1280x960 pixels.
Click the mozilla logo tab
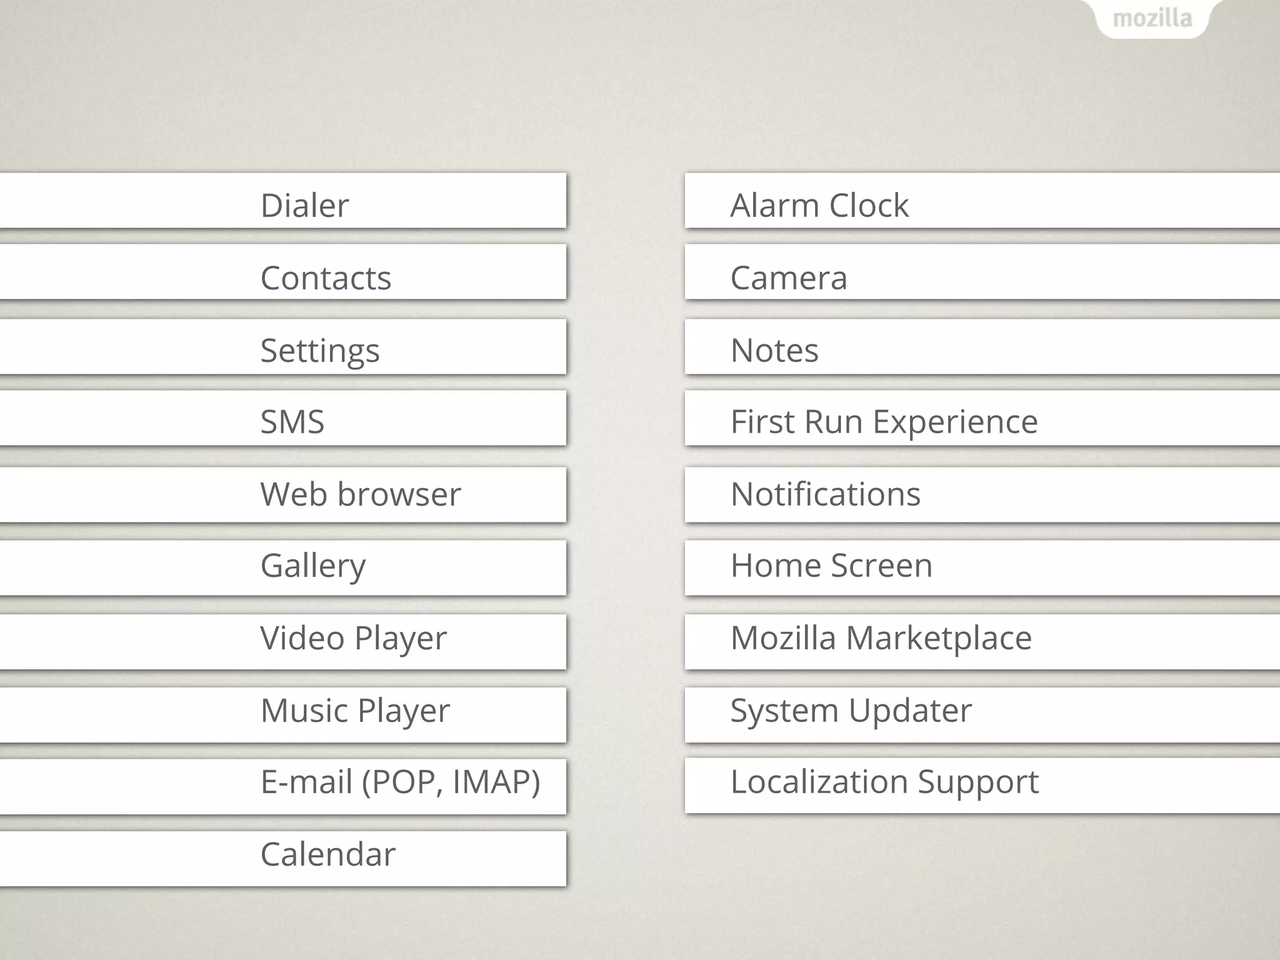tap(1152, 19)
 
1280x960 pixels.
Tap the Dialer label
tap(304, 206)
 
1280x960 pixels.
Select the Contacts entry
tap(326, 278)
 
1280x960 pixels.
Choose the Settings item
tap(319, 351)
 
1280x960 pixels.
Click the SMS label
tap(292, 422)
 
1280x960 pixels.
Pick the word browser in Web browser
tap(399, 494)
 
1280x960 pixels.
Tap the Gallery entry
tap(312, 566)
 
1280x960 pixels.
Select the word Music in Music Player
tap(304, 711)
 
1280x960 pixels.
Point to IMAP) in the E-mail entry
tap(496, 782)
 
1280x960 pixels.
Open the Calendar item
tap(327, 854)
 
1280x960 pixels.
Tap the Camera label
tap(788, 278)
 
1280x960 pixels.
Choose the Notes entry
tap(774, 351)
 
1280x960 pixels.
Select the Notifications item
tap(825, 494)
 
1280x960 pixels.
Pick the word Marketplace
tap(939, 638)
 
